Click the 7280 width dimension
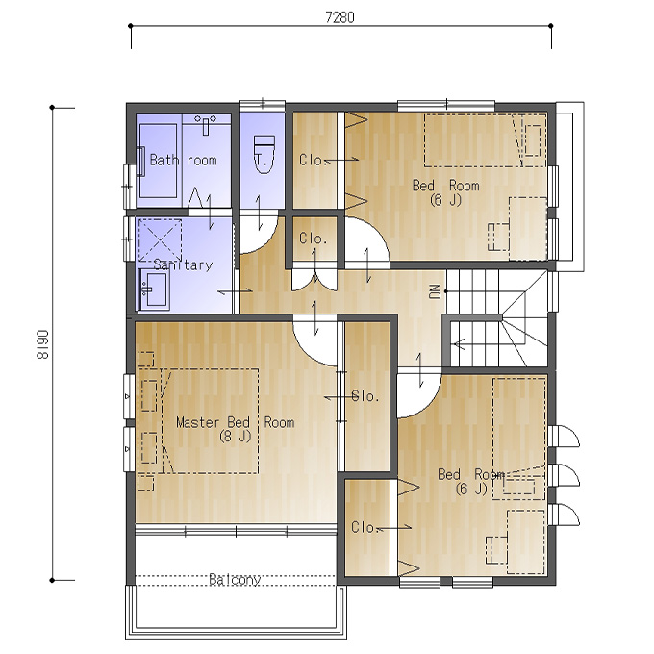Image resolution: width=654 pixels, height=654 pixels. pyautogui.click(x=340, y=17)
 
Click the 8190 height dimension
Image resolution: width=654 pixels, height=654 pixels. pyautogui.click(x=43, y=344)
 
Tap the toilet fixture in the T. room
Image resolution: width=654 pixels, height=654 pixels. pyautogui.click(x=264, y=154)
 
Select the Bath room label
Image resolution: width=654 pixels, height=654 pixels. pyautogui.click(x=183, y=160)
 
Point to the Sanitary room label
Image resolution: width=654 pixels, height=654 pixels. pyautogui.click(x=183, y=264)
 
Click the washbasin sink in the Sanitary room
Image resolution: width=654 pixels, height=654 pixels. pyautogui.click(x=154, y=289)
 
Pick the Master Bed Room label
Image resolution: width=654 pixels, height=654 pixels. pyautogui.click(x=236, y=422)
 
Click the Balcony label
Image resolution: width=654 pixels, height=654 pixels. pyautogui.click(x=235, y=580)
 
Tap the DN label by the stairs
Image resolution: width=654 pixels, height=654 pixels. pyautogui.click(x=435, y=291)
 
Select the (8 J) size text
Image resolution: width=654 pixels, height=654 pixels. pyautogui.click(x=236, y=437)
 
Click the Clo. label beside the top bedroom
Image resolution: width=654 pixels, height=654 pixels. pyautogui.click(x=311, y=160)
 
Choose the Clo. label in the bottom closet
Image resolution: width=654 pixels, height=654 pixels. pyautogui.click(x=364, y=527)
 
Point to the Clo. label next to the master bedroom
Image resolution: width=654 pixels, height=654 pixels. pyautogui.click(x=365, y=396)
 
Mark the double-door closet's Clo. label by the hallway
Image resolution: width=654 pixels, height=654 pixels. pyautogui.click(x=313, y=239)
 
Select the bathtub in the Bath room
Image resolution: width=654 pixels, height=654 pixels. pyautogui.click(x=158, y=161)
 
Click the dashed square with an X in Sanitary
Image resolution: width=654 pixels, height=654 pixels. pyautogui.click(x=160, y=240)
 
